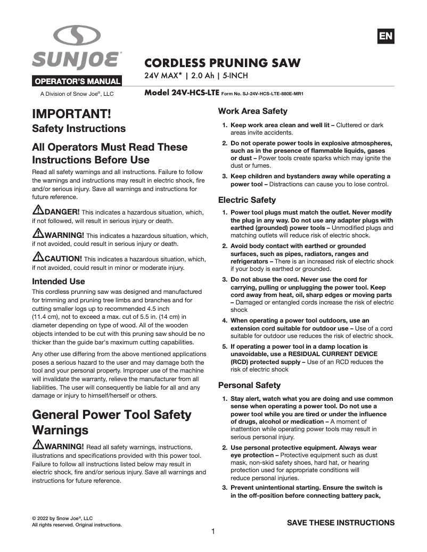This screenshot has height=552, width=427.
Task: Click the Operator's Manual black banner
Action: click(78, 82)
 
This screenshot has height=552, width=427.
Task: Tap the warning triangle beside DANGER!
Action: click(38, 210)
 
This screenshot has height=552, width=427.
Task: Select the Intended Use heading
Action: click(59, 281)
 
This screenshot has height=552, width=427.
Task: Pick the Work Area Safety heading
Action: click(253, 111)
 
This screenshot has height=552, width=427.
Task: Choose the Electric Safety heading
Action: click(247, 200)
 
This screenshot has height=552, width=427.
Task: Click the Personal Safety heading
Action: click(249, 385)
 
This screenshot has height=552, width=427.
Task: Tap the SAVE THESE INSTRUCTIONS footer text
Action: click(341, 523)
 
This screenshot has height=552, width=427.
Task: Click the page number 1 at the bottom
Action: click(213, 531)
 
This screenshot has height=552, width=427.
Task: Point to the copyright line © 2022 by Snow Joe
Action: click(62, 518)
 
